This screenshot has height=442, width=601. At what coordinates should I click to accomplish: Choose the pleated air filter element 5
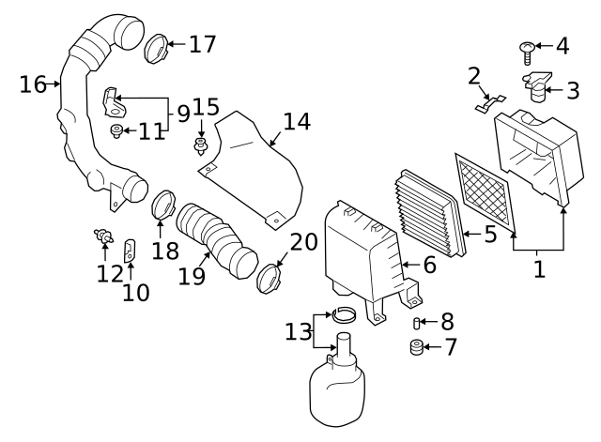coord(432,212)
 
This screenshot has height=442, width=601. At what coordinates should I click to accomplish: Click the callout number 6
coord(429,266)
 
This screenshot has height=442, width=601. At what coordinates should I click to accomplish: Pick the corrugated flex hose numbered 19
coord(214,239)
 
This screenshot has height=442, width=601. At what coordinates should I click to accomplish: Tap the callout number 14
coord(297,121)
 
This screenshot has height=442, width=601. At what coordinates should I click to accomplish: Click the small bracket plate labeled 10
coord(131,251)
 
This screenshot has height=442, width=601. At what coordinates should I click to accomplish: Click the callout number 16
coord(33,84)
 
